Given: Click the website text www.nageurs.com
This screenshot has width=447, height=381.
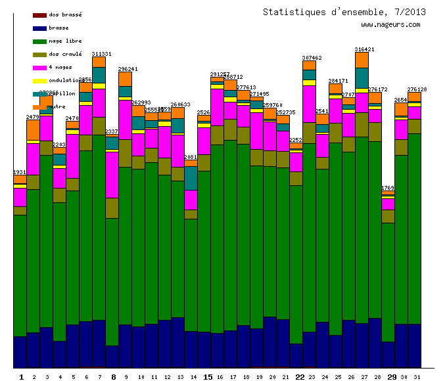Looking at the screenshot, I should coord(390,25).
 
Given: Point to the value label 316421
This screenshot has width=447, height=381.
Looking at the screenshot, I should coord(364,49).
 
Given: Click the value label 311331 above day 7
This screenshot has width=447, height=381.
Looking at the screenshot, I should coord(101,54).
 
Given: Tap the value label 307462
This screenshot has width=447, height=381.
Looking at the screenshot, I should coord(312,58).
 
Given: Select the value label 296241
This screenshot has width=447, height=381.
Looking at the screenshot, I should coord(128,69).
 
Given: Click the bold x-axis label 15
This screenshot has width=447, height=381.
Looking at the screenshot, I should coord(208,377).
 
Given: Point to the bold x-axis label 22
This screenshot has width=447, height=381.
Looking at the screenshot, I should coord(300,377).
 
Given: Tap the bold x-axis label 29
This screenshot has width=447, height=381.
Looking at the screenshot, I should coord(392,377).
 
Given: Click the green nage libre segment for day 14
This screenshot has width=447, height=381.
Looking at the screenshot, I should coord(191,275).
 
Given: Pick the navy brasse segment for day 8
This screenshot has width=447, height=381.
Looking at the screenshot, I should coord(112,357).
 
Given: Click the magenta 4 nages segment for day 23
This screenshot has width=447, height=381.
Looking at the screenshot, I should coord(309,104).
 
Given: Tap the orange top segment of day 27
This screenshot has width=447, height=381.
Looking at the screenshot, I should coord(362,60).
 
